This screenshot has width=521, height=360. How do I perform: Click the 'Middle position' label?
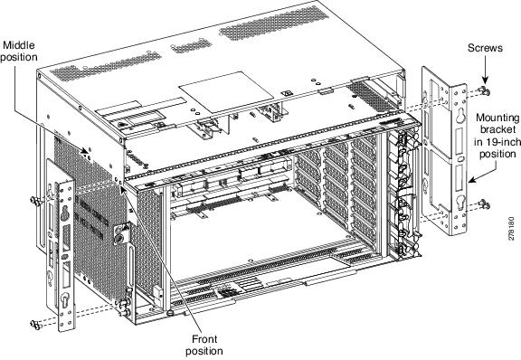(20, 50)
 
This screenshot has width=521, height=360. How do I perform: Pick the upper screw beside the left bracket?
(33, 197)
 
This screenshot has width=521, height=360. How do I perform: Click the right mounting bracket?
(446, 149)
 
